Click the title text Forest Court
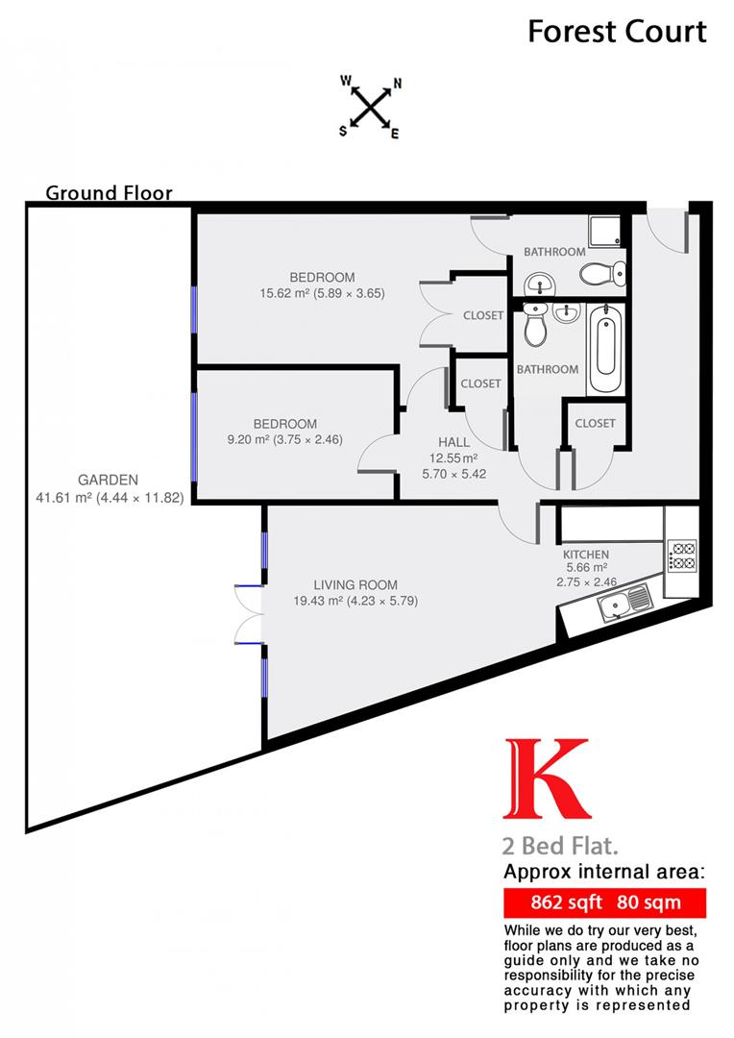(x=617, y=31)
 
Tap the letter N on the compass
(x=397, y=84)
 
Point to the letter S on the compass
(x=343, y=132)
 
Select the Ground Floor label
(x=110, y=193)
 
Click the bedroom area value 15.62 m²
(x=283, y=294)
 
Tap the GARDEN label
(x=109, y=480)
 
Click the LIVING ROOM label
(x=355, y=584)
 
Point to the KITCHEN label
(x=586, y=555)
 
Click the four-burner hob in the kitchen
(x=682, y=556)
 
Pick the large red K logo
(x=546, y=778)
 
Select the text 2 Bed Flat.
(x=559, y=847)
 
